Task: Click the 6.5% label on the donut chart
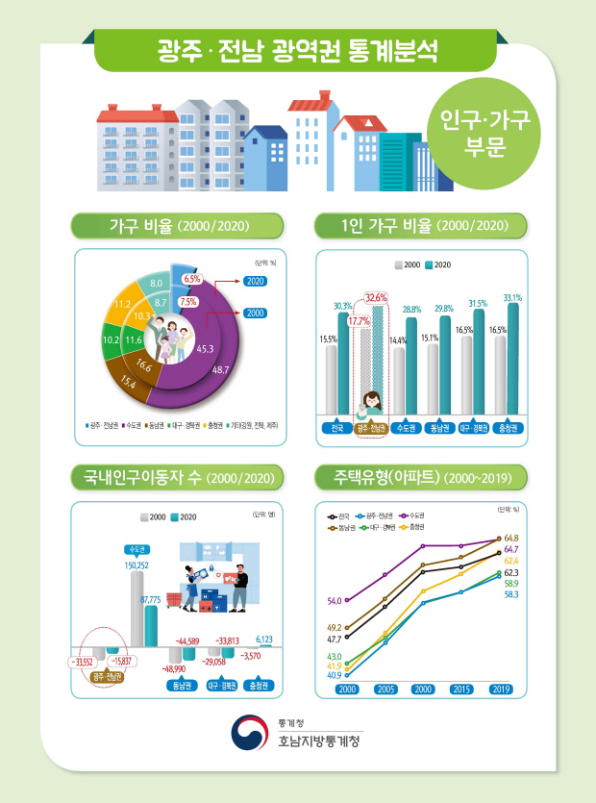191,279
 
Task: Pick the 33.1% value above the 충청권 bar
512,297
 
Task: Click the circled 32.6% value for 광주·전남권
376,297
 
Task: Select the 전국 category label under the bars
337,428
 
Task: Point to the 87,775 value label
150,599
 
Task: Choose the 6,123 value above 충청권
264,639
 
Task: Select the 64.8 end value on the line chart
511,538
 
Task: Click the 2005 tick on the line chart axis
385,690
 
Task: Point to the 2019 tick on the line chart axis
500,690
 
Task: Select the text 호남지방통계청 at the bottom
317,742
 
